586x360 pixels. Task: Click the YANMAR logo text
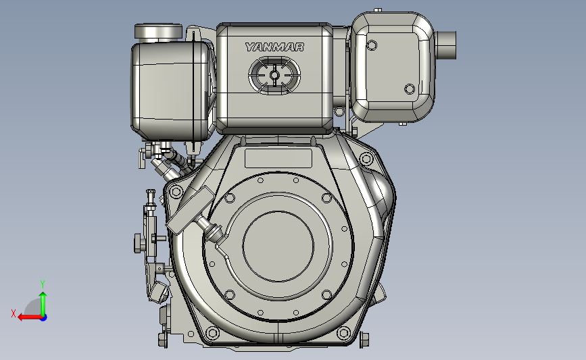[274, 47]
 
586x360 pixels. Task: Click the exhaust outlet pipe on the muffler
[445, 45]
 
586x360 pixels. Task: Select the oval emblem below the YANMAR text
[274, 76]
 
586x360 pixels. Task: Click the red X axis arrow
[30, 317]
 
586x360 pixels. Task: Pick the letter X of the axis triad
[14, 313]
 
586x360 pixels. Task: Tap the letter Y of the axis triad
[43, 284]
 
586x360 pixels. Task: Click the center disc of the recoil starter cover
[278, 246]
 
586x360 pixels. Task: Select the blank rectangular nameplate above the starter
[278, 159]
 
